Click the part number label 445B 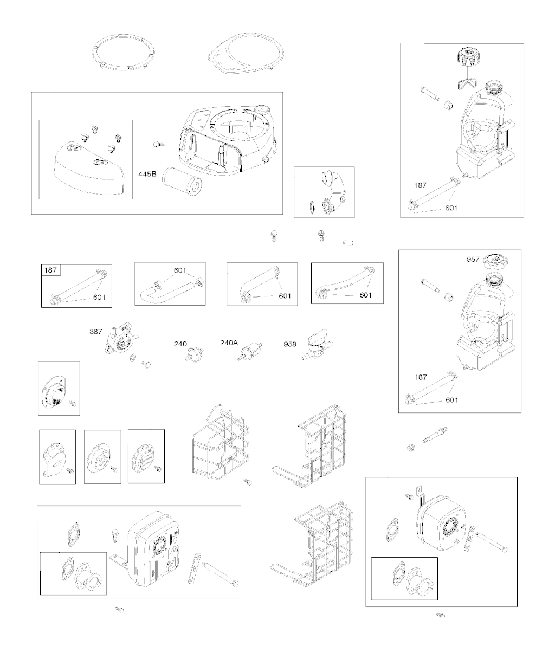tap(147, 174)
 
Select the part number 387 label tap(95, 331)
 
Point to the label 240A tap(229, 343)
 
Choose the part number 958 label tap(290, 344)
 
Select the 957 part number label tap(473, 259)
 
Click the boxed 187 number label tap(50, 270)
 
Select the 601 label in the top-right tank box tap(451, 208)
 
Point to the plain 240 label tap(180, 344)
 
